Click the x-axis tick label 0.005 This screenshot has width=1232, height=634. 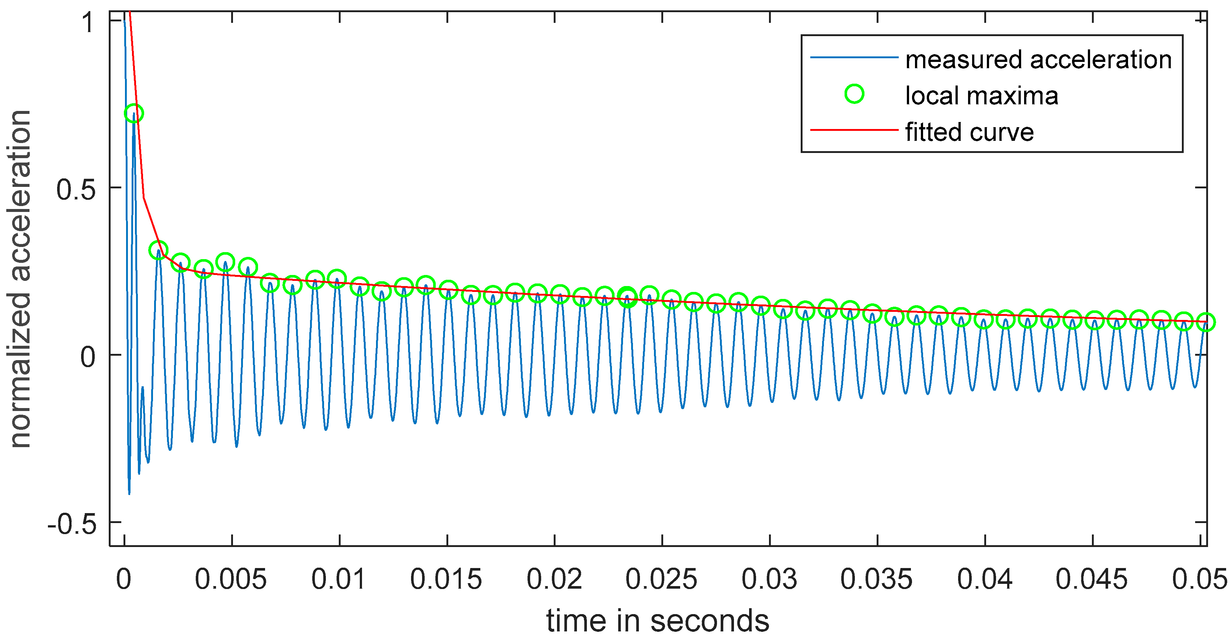(230, 579)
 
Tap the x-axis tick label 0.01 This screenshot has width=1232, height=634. (339, 579)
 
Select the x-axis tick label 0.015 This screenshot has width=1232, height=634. (446, 579)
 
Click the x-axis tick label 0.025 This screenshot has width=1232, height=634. (661, 579)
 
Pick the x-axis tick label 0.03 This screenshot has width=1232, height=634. (769, 579)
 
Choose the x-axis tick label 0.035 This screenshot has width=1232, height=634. (876, 579)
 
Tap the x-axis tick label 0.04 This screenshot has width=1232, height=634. (985, 579)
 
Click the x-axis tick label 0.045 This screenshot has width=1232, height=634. (1092, 579)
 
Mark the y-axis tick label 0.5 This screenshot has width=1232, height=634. (76, 190)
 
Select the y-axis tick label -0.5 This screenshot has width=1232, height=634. (72, 525)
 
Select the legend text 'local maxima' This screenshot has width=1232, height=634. (981, 95)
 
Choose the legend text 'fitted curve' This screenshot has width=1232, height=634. (970, 132)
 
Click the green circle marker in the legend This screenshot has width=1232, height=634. (854, 94)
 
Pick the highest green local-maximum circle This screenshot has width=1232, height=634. (134, 113)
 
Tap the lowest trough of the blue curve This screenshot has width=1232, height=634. (129, 494)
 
